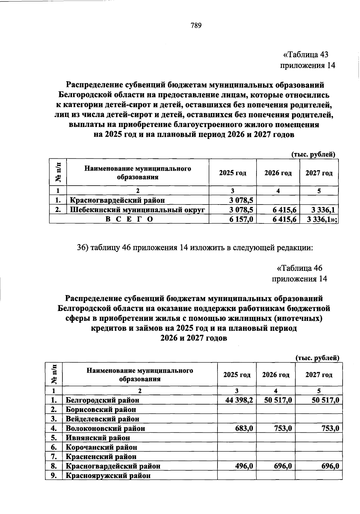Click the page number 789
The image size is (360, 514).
point(196,25)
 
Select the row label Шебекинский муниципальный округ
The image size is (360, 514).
point(137,210)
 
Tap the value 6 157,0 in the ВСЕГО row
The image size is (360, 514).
point(241,220)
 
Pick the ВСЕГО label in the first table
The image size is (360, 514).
point(129,220)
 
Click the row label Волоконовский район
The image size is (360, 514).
point(105,428)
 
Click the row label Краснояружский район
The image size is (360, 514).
point(108,476)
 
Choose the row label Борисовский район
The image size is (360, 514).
point(101,409)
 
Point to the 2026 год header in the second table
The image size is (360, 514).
point(276,375)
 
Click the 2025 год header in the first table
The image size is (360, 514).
point(232,173)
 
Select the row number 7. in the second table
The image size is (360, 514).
point(54,457)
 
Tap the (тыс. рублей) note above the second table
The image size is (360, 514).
point(317,358)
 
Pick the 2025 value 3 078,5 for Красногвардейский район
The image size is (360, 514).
point(241,200)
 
